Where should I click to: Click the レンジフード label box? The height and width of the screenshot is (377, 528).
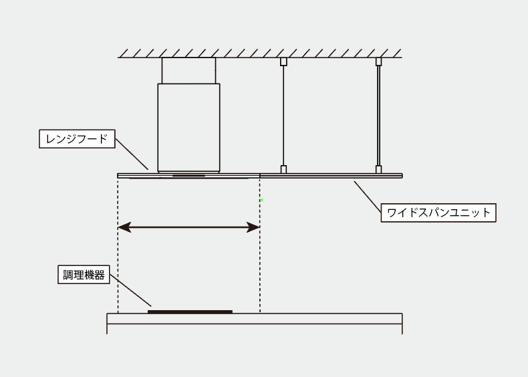tap(77, 139)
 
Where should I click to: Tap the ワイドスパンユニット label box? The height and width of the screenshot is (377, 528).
tap(438, 213)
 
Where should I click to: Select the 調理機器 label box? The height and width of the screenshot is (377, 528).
tap(84, 275)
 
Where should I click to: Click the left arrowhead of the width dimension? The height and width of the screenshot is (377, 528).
tap(124, 227)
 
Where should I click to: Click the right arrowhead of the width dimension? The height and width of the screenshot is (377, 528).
tap(253, 227)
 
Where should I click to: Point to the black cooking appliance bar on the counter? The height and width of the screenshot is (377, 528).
tap(190, 311)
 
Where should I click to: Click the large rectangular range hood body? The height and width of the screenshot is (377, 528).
tap(189, 128)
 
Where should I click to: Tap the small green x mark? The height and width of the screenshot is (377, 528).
tap(262, 200)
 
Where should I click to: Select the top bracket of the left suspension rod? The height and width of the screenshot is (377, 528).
tap(283, 61)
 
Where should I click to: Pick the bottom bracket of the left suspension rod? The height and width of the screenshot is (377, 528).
tap(283, 170)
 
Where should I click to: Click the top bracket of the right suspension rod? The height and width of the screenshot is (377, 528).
tap(378, 61)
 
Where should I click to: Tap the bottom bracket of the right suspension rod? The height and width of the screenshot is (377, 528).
tap(378, 170)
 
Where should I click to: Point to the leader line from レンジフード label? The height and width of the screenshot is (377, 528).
tap(132, 154)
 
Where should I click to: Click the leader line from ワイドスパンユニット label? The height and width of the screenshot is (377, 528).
tap(368, 197)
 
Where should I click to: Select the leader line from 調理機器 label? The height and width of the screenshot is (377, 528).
tap(130, 290)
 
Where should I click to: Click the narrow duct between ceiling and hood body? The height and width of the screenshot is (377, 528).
tap(188, 70)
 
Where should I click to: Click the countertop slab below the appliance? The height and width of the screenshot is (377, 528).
tap(255, 319)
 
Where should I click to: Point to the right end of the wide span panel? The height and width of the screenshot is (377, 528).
tap(402, 176)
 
